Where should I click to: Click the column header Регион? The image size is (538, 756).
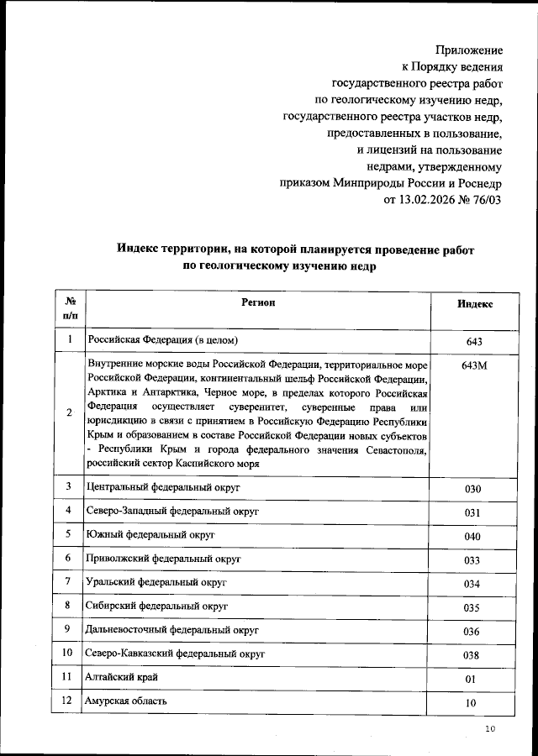point(259,302)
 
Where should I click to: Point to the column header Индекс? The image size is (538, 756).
point(475,304)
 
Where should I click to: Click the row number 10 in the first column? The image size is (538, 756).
point(67,653)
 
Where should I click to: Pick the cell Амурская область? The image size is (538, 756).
point(126,701)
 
